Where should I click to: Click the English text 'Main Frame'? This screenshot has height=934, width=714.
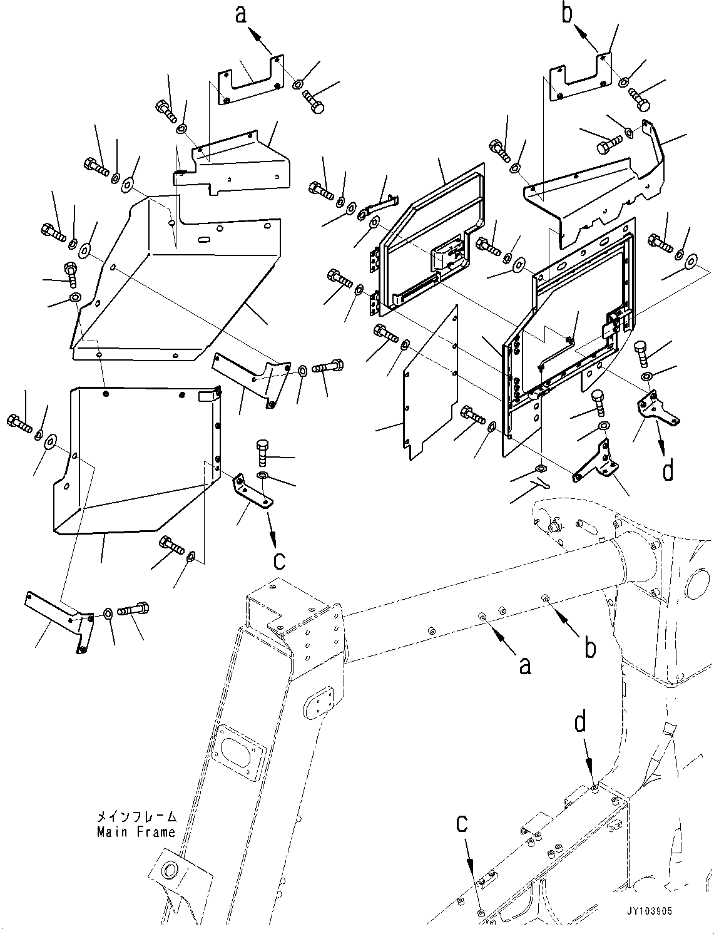(136, 832)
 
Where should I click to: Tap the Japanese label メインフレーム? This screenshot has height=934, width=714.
(136, 818)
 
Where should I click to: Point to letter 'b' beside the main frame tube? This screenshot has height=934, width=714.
(589, 649)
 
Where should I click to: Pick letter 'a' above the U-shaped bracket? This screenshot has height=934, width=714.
(241, 14)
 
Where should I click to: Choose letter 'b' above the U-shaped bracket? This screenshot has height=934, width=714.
(567, 13)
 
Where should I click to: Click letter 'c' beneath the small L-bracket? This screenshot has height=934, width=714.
(279, 559)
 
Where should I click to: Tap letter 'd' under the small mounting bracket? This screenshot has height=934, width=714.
(668, 470)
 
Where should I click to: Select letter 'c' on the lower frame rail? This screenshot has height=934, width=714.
(462, 825)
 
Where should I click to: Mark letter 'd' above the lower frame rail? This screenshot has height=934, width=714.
(581, 724)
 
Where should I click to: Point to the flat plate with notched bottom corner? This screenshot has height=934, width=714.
(429, 383)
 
